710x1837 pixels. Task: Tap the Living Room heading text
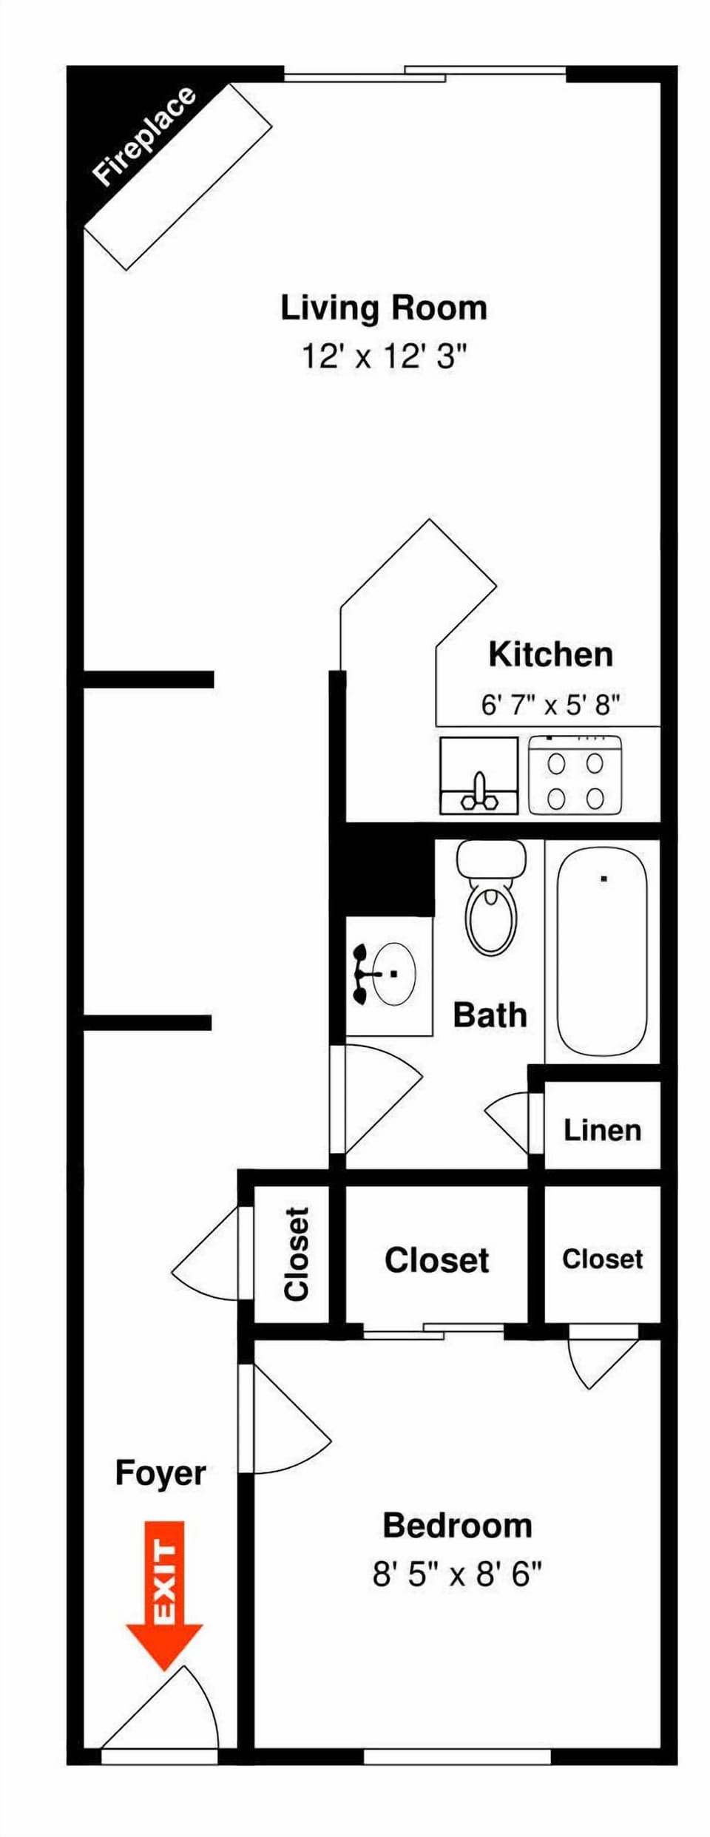coord(384,308)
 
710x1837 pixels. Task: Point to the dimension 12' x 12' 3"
coord(385,356)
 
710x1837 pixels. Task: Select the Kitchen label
coord(550,654)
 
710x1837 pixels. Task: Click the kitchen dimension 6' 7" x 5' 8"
coord(550,704)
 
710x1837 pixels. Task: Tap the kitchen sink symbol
coord(479,776)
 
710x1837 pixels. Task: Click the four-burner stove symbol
coord(575,777)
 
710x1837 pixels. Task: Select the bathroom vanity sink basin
coord(392,974)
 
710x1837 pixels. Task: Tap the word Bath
coord(490,1015)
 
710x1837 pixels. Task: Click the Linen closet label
coord(602,1130)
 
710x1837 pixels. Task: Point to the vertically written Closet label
coord(296,1254)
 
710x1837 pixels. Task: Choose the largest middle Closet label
coord(436,1260)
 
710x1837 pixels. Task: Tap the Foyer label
coord(160,1472)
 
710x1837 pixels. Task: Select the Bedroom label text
coord(457,1525)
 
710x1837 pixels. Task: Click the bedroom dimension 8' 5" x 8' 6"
coord(457,1574)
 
